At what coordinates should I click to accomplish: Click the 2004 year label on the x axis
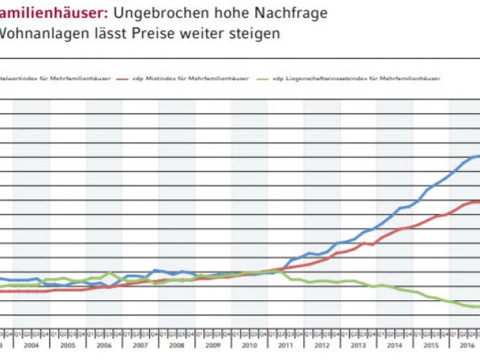31,345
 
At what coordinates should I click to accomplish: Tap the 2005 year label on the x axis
68,345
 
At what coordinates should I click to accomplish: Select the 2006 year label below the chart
104,345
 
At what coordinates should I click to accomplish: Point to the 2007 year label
140,345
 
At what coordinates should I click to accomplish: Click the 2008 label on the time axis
177,345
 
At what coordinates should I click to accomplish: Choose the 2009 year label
213,345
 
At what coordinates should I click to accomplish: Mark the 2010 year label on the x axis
249,345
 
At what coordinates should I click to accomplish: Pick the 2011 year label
285,345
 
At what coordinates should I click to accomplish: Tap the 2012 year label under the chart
322,345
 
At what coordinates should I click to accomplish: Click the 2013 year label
358,345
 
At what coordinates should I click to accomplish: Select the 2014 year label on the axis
394,345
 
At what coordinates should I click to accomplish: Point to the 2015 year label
431,345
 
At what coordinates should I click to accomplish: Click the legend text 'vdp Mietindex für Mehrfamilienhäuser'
183,77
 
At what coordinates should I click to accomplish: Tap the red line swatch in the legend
123,77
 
